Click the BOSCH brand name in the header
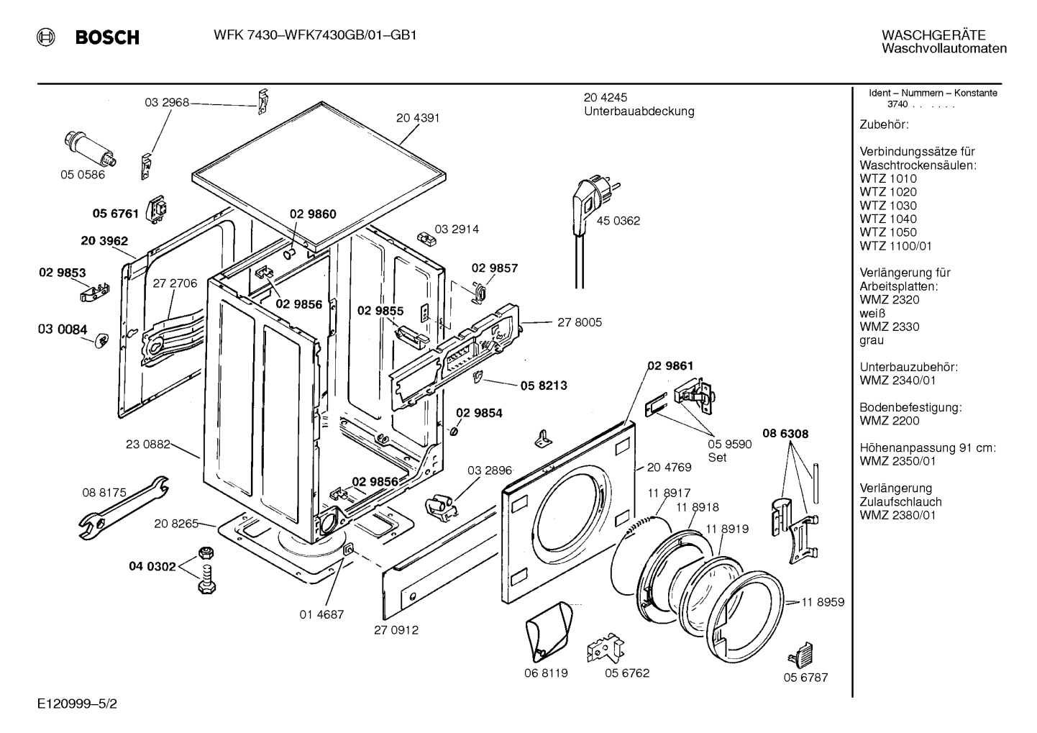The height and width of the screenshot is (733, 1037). (x=107, y=37)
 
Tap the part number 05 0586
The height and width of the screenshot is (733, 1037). (x=83, y=175)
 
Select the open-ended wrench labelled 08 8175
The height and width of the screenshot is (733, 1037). (x=124, y=508)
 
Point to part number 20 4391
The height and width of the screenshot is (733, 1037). (x=418, y=118)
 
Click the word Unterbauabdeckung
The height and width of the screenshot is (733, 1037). (x=639, y=111)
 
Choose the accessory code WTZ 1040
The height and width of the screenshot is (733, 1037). (x=888, y=219)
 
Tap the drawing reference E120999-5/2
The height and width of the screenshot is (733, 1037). (x=78, y=704)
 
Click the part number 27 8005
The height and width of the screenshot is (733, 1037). (x=580, y=322)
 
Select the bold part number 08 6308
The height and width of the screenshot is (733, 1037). (x=785, y=434)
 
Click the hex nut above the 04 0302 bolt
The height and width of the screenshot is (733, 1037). (x=205, y=552)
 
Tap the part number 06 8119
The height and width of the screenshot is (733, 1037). (x=546, y=673)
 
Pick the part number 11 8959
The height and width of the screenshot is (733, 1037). (x=823, y=602)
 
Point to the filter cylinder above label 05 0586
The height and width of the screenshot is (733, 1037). (x=90, y=149)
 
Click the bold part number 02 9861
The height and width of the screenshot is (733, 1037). (x=670, y=366)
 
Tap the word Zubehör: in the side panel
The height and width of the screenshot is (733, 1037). (x=885, y=124)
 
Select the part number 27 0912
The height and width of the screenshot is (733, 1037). (x=396, y=630)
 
